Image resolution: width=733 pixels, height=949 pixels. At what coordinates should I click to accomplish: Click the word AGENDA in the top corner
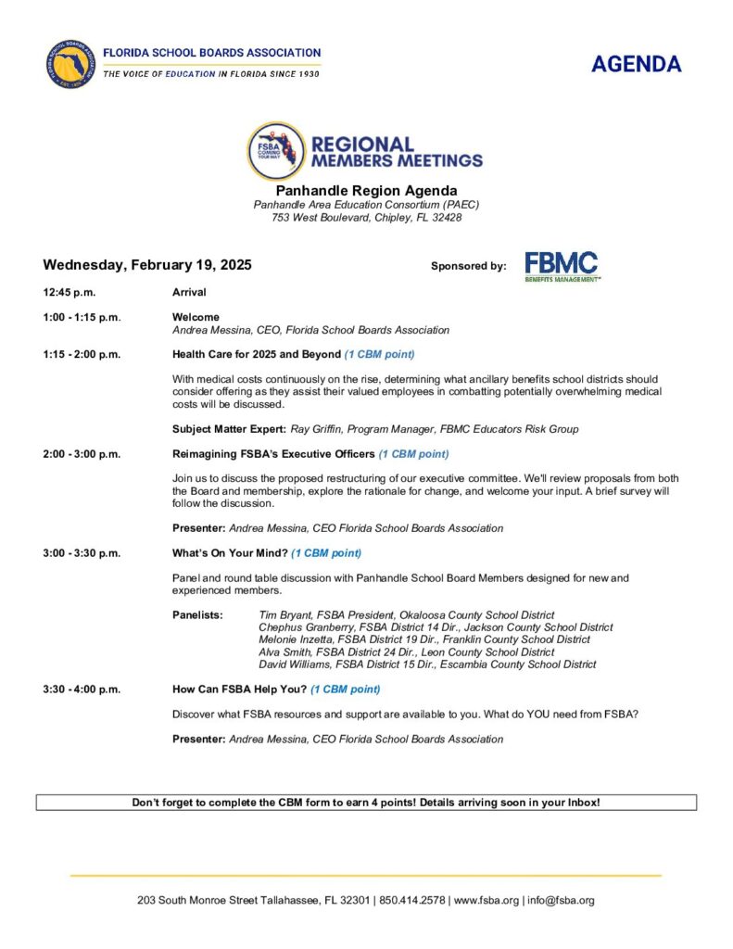pyautogui.click(x=636, y=64)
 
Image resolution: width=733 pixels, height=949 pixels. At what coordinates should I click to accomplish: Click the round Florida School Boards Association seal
pyautogui.click(x=70, y=64)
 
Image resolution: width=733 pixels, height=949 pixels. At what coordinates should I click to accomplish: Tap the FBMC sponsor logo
pyautogui.click(x=562, y=266)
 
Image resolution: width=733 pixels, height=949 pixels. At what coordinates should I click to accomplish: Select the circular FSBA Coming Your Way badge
pyautogui.click(x=275, y=151)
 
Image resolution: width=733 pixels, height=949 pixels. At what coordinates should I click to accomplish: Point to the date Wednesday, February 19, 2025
pyautogui.click(x=147, y=265)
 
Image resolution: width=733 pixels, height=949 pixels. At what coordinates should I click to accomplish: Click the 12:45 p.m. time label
pyautogui.click(x=69, y=293)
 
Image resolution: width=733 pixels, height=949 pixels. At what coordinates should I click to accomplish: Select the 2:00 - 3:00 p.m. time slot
pyautogui.click(x=82, y=454)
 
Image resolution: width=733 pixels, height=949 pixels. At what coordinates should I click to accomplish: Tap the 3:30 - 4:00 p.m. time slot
pyautogui.click(x=82, y=690)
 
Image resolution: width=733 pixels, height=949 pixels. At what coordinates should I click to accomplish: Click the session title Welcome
pyautogui.click(x=196, y=317)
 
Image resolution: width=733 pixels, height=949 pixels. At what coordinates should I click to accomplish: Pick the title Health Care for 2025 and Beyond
pyautogui.click(x=257, y=355)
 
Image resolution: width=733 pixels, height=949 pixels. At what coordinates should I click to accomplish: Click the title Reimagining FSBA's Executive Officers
pyautogui.click(x=273, y=454)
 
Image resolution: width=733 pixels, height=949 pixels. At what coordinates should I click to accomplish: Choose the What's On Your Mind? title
pyautogui.click(x=230, y=553)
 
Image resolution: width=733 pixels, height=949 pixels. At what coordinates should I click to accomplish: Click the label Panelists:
pyautogui.click(x=197, y=615)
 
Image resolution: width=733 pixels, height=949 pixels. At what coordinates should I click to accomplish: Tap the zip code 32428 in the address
pyautogui.click(x=445, y=218)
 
